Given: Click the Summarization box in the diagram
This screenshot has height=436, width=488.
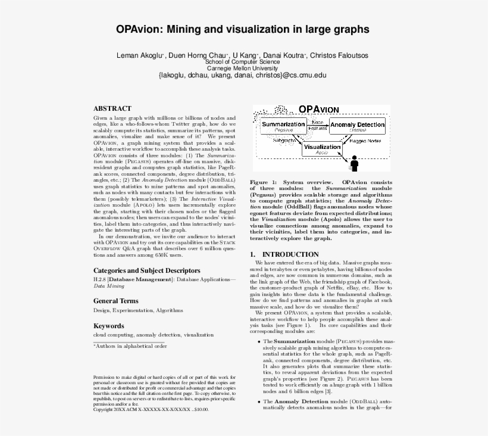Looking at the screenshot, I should (284, 126).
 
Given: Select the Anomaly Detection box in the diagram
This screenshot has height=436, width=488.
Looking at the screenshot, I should (357, 126).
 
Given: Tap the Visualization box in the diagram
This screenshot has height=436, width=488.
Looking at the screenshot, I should (322, 148).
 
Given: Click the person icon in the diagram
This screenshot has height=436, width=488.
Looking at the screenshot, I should (355, 162).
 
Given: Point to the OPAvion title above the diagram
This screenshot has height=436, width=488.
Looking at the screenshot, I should (318, 110).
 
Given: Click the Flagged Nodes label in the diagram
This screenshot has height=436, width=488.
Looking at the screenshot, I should (365, 141).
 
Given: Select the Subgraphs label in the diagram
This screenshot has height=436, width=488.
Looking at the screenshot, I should (284, 141).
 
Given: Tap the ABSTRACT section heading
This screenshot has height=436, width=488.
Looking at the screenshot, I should (112, 108).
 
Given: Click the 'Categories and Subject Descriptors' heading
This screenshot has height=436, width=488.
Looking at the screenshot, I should (146, 270).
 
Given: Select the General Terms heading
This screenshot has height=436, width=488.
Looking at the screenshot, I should (115, 301).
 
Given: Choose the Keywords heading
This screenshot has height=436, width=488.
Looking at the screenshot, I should (109, 326).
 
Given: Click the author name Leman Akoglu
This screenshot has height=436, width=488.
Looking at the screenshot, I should (140, 55).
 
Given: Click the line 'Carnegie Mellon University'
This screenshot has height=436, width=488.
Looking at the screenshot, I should (242, 68).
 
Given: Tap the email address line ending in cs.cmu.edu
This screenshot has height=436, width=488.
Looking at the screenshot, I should (242, 76).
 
